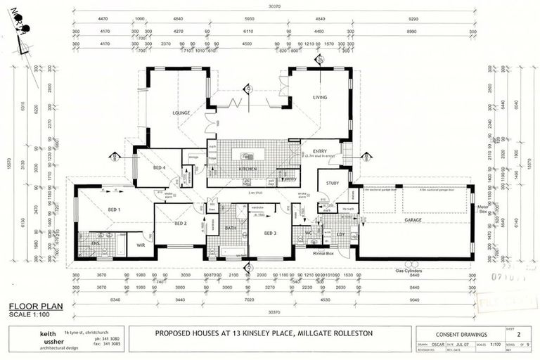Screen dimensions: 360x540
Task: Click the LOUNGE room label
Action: click(x=182, y=112)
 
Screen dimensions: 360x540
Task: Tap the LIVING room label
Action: click(x=321, y=98)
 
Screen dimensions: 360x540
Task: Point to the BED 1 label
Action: click(x=114, y=210)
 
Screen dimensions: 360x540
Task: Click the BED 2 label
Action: click(x=181, y=223)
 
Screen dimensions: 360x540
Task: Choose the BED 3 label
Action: click(x=271, y=233)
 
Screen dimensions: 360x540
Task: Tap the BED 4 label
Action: click(x=160, y=168)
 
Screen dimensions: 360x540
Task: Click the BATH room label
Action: click(x=231, y=228)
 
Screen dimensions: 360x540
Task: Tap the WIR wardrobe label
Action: click(x=140, y=245)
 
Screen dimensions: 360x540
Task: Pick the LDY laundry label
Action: click(x=340, y=233)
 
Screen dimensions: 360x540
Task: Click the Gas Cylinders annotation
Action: click(x=411, y=269)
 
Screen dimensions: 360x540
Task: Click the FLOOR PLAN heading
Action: click(x=32, y=306)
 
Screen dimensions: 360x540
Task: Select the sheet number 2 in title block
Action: click(x=518, y=335)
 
